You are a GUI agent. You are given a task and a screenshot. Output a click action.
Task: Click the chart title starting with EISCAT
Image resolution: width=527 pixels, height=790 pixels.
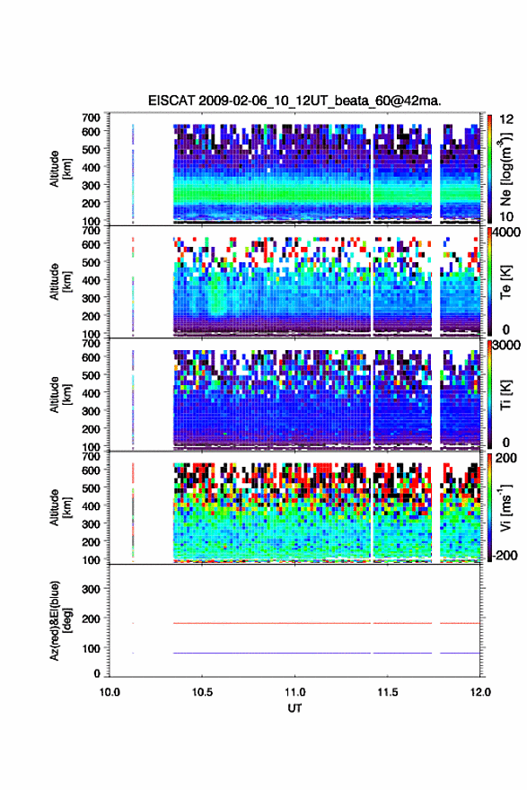pyautogui.click(x=294, y=101)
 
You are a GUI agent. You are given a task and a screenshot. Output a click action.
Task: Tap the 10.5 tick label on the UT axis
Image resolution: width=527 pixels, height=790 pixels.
pyautogui.click(x=202, y=692)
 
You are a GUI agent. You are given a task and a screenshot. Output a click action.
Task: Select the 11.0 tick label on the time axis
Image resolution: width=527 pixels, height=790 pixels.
pyautogui.click(x=294, y=692)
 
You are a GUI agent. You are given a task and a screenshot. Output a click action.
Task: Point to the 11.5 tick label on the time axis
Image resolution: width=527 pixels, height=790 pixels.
pyautogui.click(x=388, y=692)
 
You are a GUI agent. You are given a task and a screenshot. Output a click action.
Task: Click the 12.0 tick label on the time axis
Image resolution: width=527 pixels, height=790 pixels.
pyautogui.click(x=480, y=692)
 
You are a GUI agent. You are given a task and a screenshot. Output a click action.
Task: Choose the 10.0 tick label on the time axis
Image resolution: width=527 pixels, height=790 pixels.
pyautogui.click(x=110, y=692)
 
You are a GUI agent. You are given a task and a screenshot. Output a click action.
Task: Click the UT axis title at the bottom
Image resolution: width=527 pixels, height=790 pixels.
pyautogui.click(x=294, y=708)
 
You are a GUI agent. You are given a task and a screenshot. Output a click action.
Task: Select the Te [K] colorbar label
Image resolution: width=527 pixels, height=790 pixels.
pyautogui.click(x=505, y=282)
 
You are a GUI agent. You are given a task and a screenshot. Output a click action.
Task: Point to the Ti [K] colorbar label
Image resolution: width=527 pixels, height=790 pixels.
pyautogui.click(x=505, y=395)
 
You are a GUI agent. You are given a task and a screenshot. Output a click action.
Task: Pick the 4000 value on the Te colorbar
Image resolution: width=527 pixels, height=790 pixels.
pyautogui.click(x=506, y=233)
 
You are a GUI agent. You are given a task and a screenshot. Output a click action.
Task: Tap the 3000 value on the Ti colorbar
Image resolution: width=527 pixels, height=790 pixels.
pyautogui.click(x=506, y=345)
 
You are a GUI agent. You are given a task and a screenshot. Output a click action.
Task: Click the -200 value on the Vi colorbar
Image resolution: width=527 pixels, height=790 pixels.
pyautogui.click(x=505, y=555)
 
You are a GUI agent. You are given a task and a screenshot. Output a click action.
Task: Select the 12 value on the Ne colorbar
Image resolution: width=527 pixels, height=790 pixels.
pyautogui.click(x=506, y=119)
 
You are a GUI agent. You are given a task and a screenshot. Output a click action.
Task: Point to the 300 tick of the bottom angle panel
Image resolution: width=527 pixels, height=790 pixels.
pyautogui.click(x=91, y=589)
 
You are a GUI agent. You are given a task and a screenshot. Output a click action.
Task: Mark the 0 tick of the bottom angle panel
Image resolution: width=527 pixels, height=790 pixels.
pyautogui.click(x=97, y=673)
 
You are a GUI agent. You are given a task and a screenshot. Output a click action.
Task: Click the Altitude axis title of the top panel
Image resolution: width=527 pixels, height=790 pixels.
pyautogui.click(x=60, y=169)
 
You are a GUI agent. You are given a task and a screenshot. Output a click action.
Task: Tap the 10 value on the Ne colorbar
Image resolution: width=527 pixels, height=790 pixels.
pyautogui.click(x=506, y=216)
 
